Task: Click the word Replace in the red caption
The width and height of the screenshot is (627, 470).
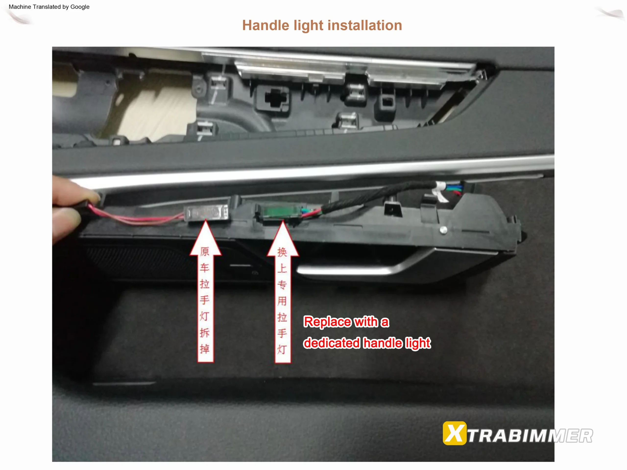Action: pos(327,322)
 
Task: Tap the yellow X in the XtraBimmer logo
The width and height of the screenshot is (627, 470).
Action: pos(454,434)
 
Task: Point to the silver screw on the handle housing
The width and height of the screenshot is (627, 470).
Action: pos(444,230)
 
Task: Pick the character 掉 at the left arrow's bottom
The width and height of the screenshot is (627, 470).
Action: pos(205,349)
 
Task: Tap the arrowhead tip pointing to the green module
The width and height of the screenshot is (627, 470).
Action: pos(283,222)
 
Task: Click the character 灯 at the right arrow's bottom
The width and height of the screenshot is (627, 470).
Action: pos(282,349)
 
